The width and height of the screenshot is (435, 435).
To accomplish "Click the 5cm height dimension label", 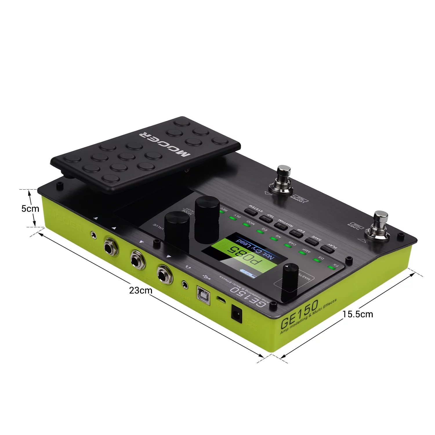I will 30,209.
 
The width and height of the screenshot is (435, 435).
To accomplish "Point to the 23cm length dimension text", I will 141,290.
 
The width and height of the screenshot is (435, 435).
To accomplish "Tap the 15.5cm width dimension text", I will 358,314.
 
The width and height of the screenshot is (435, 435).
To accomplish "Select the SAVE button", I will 311,241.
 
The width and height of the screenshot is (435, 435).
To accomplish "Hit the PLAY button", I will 327,249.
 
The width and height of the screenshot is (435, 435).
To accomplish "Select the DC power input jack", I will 237,313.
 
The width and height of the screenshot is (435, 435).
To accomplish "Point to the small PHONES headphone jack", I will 184,285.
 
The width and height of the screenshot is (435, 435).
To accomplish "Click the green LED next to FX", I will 331,267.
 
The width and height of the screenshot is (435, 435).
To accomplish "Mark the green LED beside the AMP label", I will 302,253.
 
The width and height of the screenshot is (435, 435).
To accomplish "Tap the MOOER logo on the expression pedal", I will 165,144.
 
